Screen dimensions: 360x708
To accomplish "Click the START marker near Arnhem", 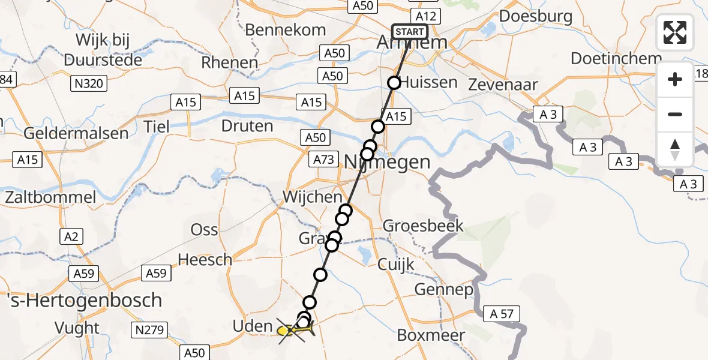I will click(x=410, y=32).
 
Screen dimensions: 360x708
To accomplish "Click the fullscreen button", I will click(x=675, y=32).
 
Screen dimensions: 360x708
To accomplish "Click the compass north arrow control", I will click(x=675, y=149).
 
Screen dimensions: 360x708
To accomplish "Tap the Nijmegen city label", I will click(x=388, y=162).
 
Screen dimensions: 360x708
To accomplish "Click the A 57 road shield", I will click(x=500, y=313).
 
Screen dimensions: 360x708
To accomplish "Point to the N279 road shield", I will click(x=148, y=329).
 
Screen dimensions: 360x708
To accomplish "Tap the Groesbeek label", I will click(x=423, y=226).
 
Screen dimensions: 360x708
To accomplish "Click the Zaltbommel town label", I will click(x=50, y=197).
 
